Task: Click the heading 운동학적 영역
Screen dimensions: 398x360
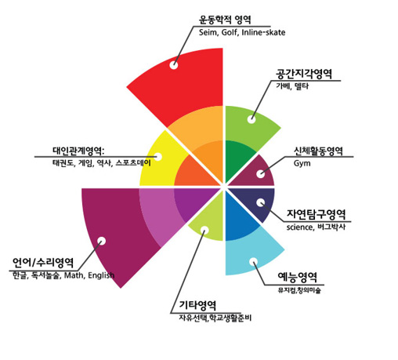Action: pyautogui.click(x=225, y=20)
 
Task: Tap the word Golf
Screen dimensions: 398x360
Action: pyautogui.click(x=230, y=32)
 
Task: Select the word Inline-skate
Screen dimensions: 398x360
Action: pyautogui.click(x=263, y=32)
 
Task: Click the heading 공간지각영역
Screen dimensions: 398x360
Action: pyautogui.click(x=304, y=74)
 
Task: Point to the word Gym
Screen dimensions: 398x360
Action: pyautogui.click(x=302, y=164)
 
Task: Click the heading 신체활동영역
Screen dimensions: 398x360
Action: pyautogui.click(x=318, y=151)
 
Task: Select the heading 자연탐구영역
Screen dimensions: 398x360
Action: pyautogui.click(x=317, y=214)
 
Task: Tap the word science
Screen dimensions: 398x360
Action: pyautogui.click(x=299, y=227)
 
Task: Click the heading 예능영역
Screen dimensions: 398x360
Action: pyautogui.click(x=298, y=277)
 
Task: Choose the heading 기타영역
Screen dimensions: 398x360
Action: pyautogui.click(x=197, y=305)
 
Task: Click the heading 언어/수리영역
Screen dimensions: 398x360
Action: pyautogui.click(x=43, y=263)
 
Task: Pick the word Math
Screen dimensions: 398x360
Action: pyautogui.click(x=74, y=275)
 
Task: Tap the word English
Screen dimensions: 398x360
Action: pyautogui.click(x=101, y=275)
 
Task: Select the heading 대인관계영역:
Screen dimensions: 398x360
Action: pyautogui.click(x=78, y=151)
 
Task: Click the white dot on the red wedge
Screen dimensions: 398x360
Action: pyautogui.click(x=174, y=65)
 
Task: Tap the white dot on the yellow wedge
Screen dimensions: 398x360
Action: pyautogui.click(x=158, y=157)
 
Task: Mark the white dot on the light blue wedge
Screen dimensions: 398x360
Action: pyautogui.click(x=253, y=262)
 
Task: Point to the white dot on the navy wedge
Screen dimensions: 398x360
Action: pyautogui.click(x=260, y=202)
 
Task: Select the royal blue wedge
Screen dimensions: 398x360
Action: pyautogui.click(x=237, y=217)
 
